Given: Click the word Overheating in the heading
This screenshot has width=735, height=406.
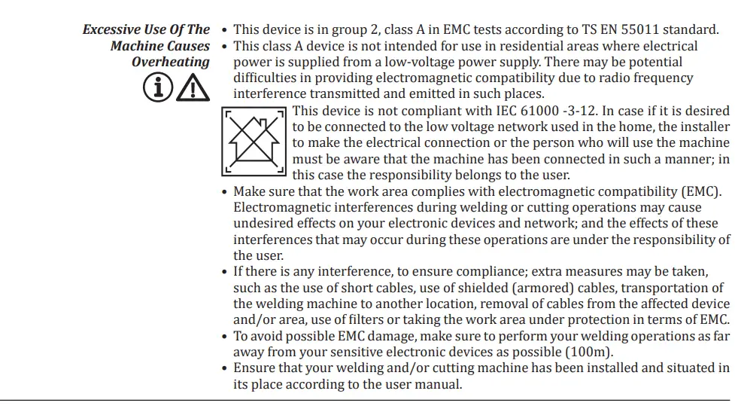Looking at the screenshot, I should point(171,63).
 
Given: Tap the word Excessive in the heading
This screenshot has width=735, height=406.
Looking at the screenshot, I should point(113,30).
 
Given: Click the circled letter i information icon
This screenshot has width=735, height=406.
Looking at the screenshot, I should point(156,89).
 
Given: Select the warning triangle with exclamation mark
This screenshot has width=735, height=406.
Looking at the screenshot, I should point(193,89).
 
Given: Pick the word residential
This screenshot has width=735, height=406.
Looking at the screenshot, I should point(477,46).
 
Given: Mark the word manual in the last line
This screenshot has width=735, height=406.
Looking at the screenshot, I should point(437,384).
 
